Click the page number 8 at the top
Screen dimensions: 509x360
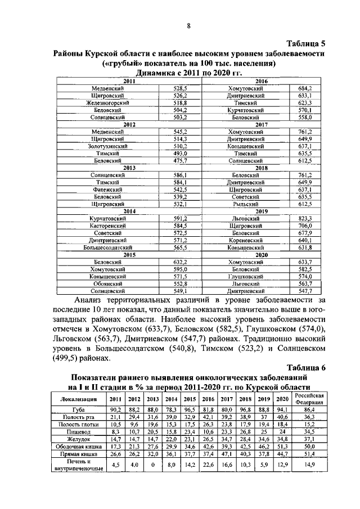(x=189, y=25)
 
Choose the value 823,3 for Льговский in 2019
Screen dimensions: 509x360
(x=305, y=218)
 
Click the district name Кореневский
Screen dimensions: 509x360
(x=246, y=240)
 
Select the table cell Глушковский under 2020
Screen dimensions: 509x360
(x=246, y=277)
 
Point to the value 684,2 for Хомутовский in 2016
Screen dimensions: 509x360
(x=305, y=89)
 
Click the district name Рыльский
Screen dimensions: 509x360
(x=246, y=204)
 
